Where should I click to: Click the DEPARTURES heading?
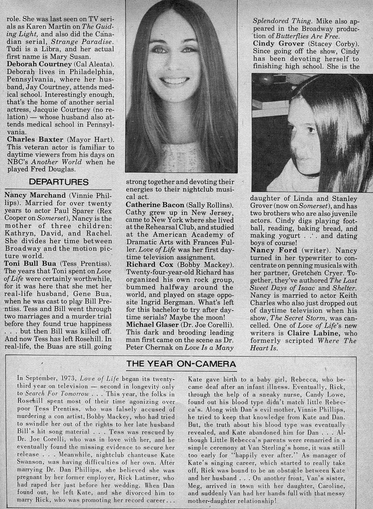[58, 181]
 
